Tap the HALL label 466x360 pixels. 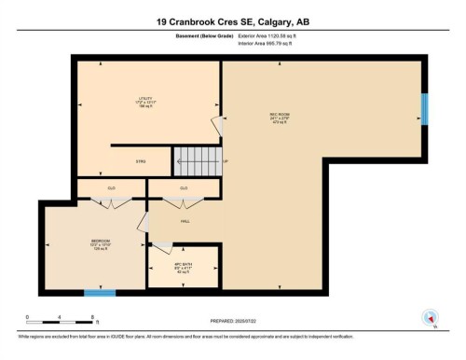[x=185, y=222]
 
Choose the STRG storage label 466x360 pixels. [x=141, y=161]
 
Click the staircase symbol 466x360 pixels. [x=199, y=159]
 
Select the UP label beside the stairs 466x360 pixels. [x=226, y=161]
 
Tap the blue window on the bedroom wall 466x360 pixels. [x=100, y=293]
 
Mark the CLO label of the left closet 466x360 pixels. [x=111, y=188]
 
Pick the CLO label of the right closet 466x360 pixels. [x=184, y=188]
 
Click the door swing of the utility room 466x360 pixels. [x=217, y=125]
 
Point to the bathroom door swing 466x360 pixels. [x=162, y=246]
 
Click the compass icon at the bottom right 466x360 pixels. [x=430, y=317]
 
